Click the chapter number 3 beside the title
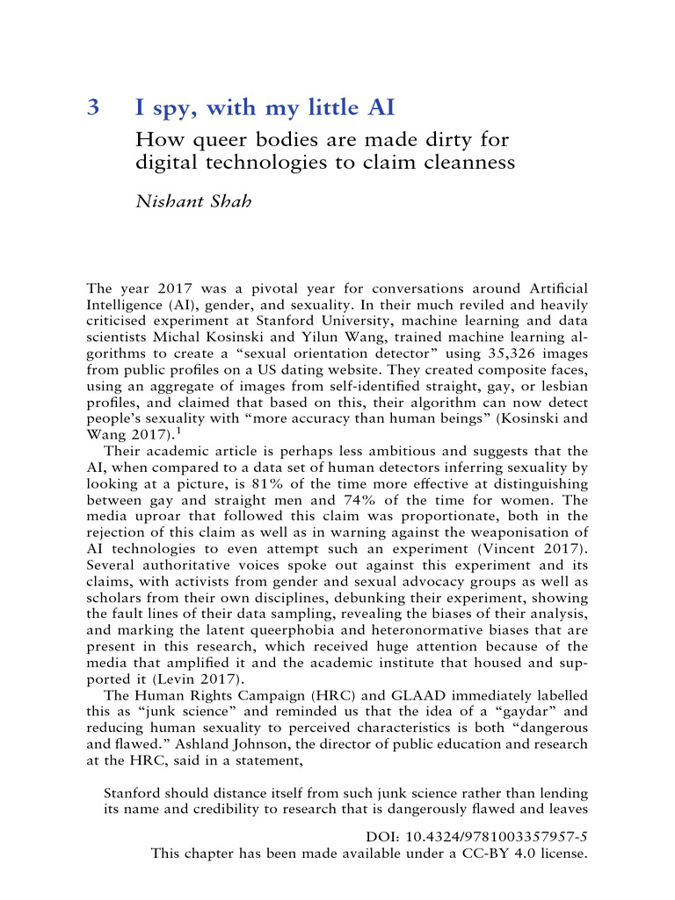pos(94,109)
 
